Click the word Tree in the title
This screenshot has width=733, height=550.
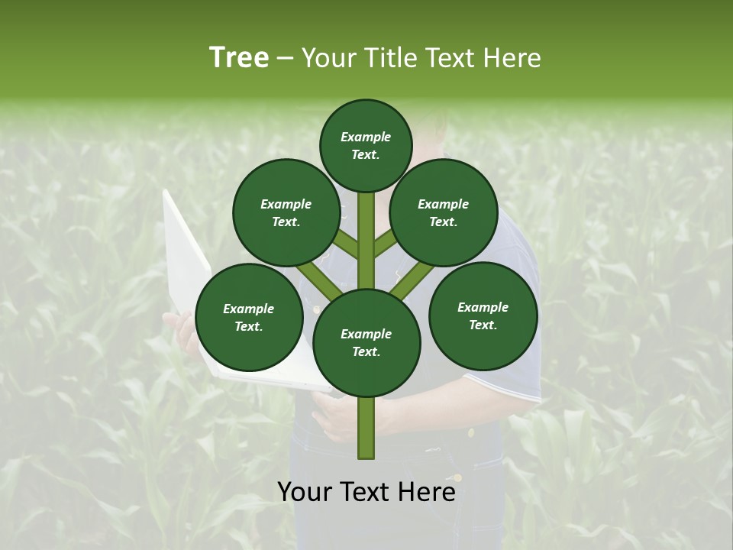(x=239, y=58)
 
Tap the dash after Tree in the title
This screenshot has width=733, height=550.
(x=285, y=59)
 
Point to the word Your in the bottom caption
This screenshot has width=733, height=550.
(x=305, y=491)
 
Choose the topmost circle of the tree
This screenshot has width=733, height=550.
(x=366, y=145)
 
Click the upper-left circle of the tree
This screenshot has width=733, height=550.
(x=286, y=212)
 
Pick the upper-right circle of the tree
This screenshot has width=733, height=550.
(x=444, y=212)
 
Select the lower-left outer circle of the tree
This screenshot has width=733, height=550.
(x=249, y=317)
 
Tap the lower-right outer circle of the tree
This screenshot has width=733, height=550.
(x=483, y=315)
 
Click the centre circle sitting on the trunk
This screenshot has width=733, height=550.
(x=366, y=342)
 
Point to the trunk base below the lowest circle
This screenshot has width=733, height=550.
(x=366, y=428)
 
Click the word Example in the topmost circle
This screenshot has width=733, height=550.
(x=366, y=137)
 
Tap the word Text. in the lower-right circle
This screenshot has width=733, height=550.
(x=483, y=325)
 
